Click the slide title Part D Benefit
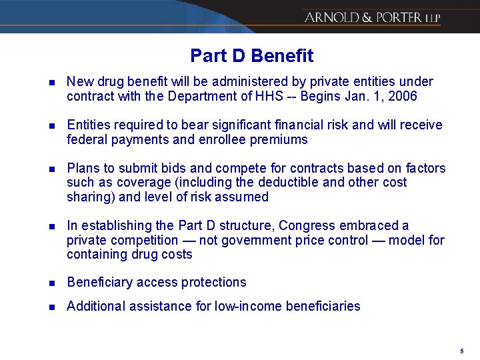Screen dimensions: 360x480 (251, 55)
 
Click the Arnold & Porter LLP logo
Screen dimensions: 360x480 (372, 17)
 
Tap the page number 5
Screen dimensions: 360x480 (461, 351)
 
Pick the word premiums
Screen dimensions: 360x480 (280, 140)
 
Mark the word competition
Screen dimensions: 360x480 (142, 240)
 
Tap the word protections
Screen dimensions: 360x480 (213, 283)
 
